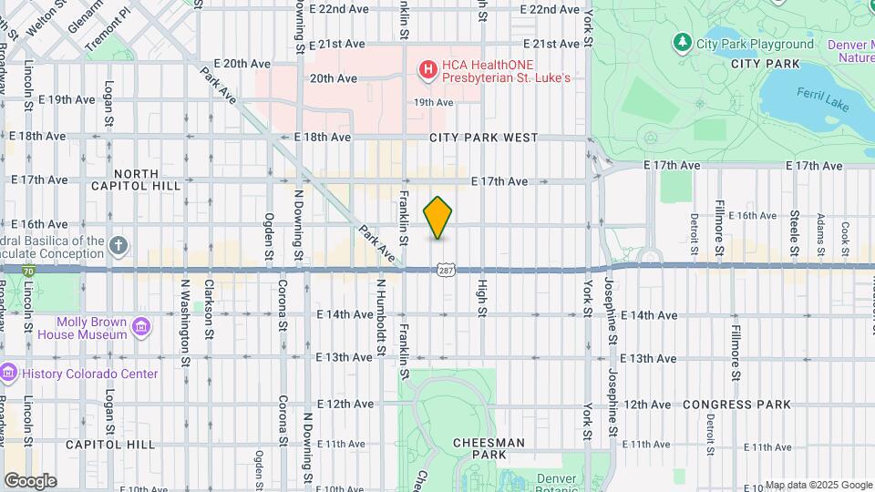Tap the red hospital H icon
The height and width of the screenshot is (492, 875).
point(427,68)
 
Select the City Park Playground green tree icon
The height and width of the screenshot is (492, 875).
point(682,43)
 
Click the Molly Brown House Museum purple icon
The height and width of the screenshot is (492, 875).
point(141,327)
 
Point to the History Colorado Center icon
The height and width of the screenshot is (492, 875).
point(8,374)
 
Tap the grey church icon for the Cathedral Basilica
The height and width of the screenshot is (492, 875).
point(118,245)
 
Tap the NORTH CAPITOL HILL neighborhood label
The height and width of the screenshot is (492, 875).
point(137,179)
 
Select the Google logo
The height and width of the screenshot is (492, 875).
point(30,480)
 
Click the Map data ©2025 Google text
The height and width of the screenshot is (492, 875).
point(818,485)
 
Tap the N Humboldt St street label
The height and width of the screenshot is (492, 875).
point(380,315)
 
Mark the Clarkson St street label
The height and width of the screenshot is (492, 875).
point(210,315)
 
